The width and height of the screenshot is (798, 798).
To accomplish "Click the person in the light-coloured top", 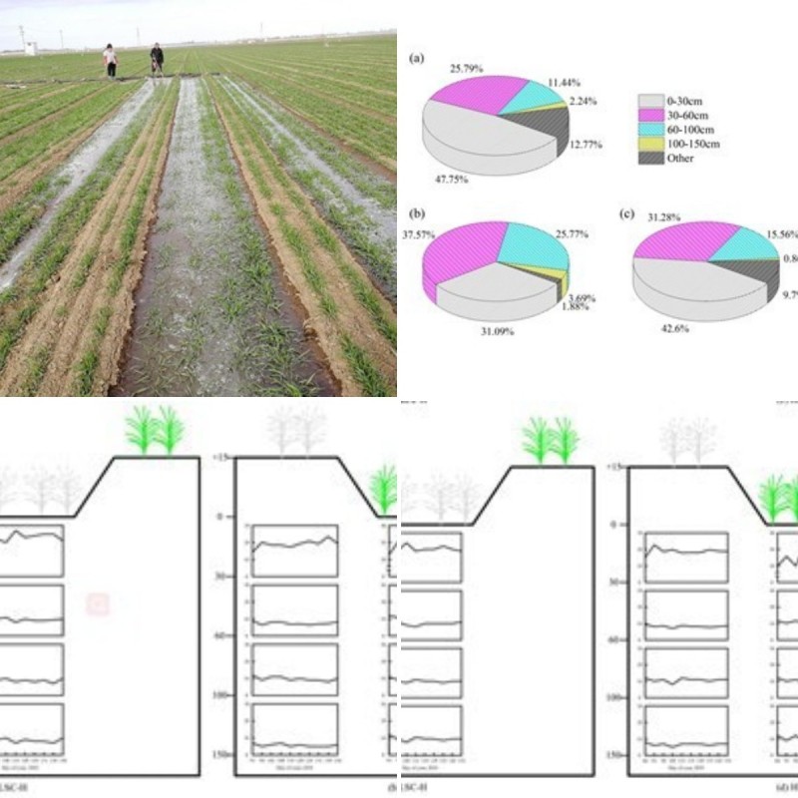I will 110,61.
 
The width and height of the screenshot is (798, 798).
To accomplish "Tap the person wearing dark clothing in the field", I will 157,59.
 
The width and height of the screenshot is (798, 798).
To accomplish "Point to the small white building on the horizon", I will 30,47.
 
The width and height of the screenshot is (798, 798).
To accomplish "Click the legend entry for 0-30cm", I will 678,100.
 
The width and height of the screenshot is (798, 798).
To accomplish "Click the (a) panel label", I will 417,59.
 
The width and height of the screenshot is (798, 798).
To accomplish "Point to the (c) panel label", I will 627,212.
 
